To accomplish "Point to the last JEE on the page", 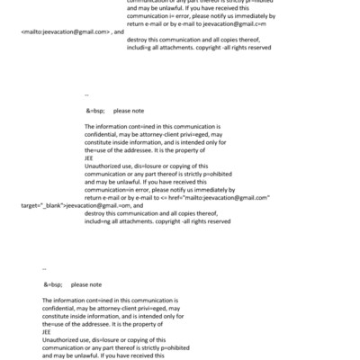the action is tap(48, 330).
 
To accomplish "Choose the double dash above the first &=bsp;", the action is tap(86, 94).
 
